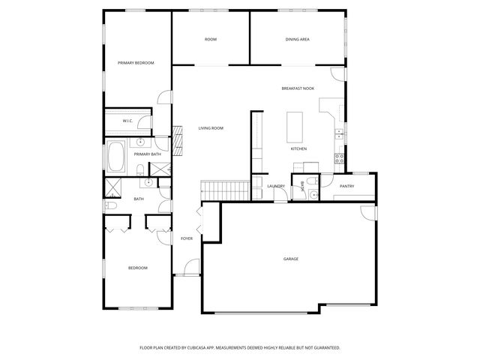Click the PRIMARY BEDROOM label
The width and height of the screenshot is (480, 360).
click(x=136, y=63)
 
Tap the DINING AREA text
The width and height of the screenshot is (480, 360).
click(x=298, y=39)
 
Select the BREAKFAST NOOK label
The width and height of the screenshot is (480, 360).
click(x=298, y=88)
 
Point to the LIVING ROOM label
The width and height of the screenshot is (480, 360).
click(x=211, y=128)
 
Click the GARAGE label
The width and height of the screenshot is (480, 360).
click(x=291, y=259)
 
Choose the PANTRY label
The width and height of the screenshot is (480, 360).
click(x=346, y=186)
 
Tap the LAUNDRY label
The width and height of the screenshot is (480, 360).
click(x=275, y=186)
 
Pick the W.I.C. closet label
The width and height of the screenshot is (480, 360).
click(x=128, y=121)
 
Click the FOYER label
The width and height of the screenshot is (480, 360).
click(x=187, y=238)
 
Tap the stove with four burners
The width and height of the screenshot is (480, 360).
click(x=340, y=158)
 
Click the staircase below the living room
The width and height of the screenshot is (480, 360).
click(x=225, y=191)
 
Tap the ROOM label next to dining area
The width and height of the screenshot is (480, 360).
click(x=211, y=39)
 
